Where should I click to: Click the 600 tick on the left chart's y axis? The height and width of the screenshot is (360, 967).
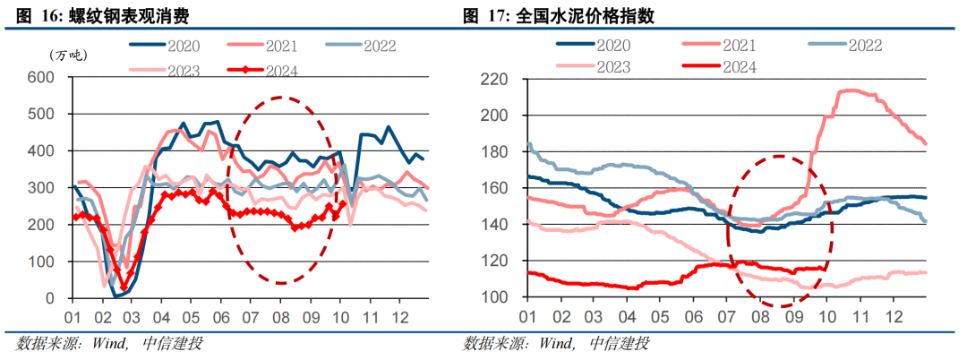pos(41,78)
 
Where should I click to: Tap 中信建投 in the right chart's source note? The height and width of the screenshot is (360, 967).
pos(619,343)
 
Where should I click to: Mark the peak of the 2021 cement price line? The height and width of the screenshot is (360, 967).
pos(846,90)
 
